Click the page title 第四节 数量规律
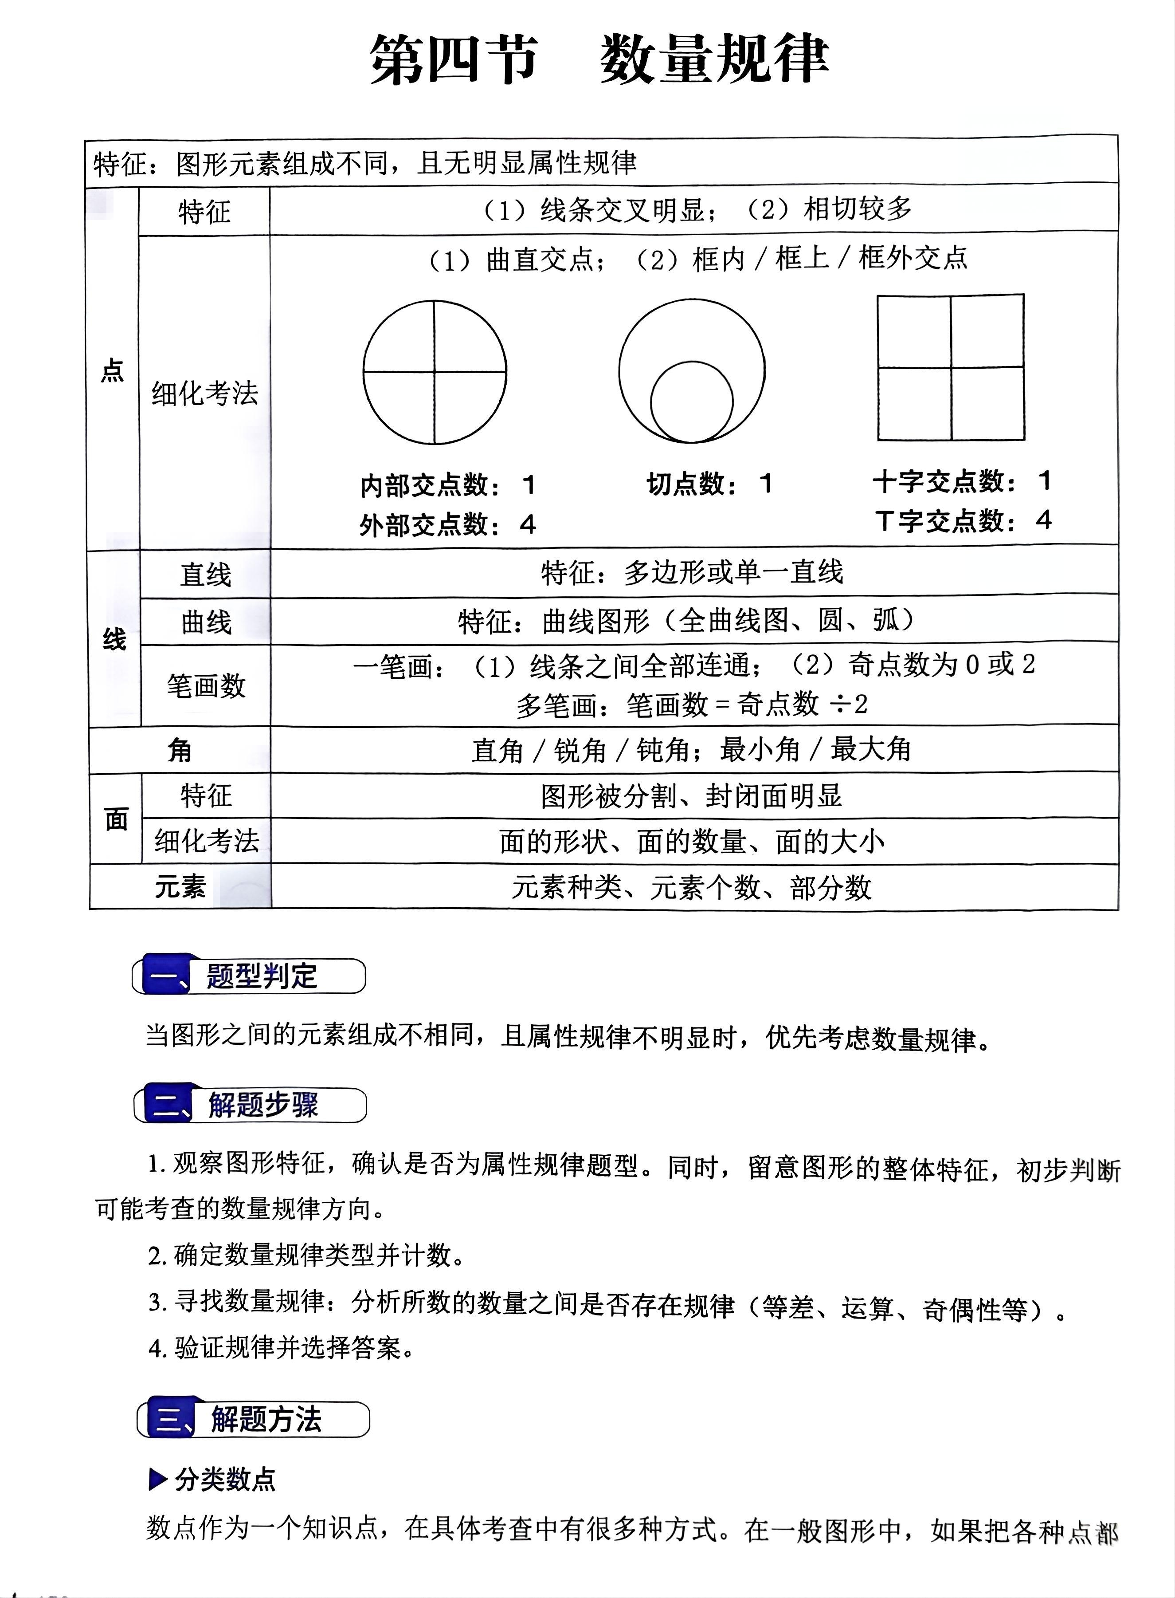599,60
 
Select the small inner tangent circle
691,401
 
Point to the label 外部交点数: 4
446,525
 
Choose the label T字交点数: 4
963,521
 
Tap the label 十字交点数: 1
962,482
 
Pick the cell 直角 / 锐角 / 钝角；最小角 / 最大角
691,750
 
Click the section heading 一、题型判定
249,976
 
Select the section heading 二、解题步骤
251,1105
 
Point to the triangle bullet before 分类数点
157,1480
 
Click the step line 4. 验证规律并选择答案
282,1347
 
